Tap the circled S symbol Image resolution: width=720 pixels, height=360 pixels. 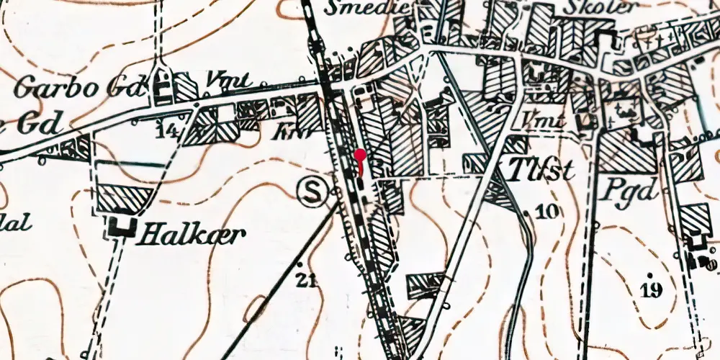coord(312,192)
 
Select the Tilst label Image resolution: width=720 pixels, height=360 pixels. coord(541,171)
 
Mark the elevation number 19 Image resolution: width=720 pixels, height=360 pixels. coord(651,290)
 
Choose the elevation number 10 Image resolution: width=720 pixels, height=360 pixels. coord(547,211)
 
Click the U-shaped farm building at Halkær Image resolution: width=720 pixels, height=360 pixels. coord(123,227)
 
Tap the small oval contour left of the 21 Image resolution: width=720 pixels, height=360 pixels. coord(257,310)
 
